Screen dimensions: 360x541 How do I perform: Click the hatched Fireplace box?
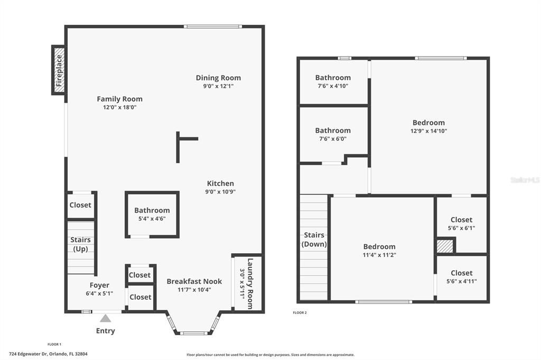[59, 70]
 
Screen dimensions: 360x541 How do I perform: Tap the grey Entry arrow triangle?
[106, 318]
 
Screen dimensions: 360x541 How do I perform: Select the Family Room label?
[119, 99]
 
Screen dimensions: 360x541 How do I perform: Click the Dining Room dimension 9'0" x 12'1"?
[218, 86]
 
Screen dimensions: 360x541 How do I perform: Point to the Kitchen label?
[220, 183]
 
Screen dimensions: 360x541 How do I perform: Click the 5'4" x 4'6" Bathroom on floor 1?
[152, 214]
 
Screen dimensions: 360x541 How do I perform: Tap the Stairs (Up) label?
[81, 244]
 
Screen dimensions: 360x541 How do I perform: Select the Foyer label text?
[99, 285]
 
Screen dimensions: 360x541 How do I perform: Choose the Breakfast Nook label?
[194, 281]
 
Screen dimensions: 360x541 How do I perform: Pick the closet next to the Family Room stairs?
[80, 205]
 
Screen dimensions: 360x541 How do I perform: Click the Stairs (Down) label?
[314, 240]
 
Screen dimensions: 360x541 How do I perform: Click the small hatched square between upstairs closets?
[445, 247]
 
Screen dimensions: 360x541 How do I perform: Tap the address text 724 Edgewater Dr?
[48, 354]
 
